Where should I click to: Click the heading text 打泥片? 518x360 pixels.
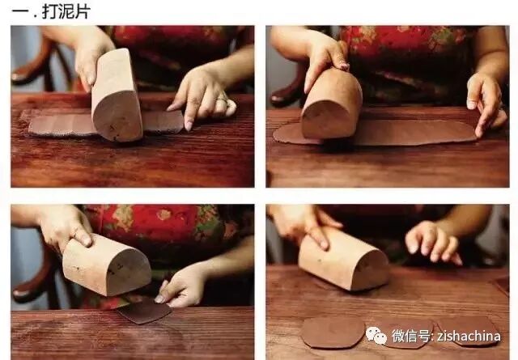66,11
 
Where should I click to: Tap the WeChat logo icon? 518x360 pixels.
376,335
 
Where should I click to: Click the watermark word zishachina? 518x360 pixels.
469,336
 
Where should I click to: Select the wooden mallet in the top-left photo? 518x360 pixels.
117,95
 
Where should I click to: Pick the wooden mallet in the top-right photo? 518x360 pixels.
331,104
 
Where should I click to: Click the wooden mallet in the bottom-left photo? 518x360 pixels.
106,265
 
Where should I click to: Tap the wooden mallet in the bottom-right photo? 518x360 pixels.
343,259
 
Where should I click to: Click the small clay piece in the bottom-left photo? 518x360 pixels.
144,311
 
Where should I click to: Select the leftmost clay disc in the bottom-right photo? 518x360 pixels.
332,333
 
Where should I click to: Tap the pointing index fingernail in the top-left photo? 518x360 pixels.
189,126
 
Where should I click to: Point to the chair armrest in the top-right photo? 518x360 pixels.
284,95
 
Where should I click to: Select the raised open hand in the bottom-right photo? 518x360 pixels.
433,241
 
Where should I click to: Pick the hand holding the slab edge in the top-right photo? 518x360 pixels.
486,103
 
